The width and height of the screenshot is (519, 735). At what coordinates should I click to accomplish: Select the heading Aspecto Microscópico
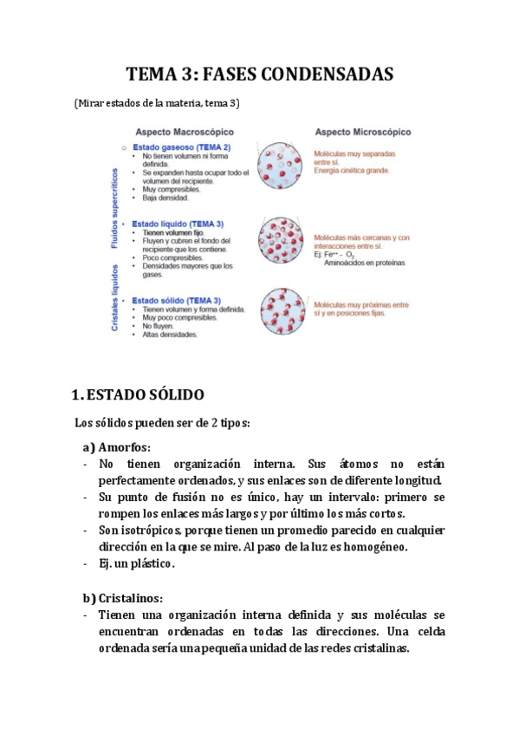361,132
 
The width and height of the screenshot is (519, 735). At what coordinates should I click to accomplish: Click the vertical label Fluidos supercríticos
114,207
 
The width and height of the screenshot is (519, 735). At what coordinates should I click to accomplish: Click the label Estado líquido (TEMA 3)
177,224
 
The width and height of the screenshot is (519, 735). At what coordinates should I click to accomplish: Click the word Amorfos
124,447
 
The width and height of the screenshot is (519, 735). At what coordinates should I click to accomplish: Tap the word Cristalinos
130,598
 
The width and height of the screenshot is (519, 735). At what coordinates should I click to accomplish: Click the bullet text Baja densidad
165,198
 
